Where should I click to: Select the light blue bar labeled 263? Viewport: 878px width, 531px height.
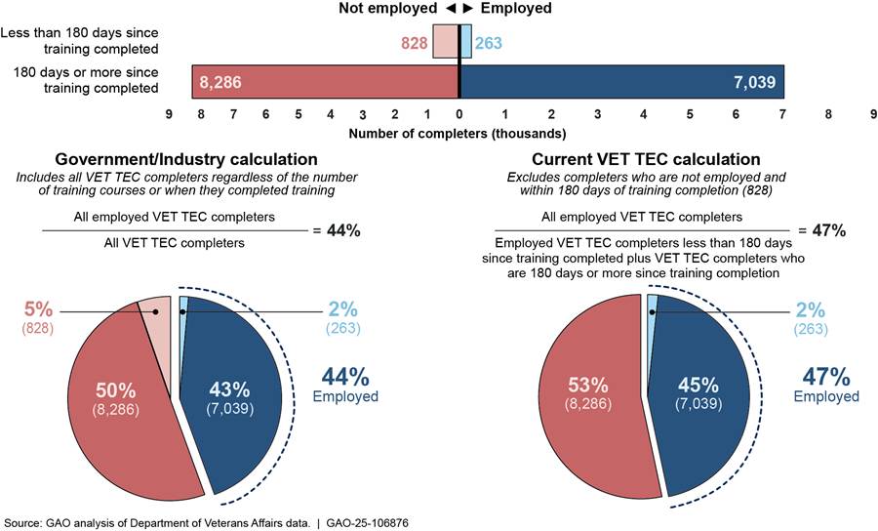tap(465, 42)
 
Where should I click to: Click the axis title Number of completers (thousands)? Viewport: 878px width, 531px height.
tap(457, 133)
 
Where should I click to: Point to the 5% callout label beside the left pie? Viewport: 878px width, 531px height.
tap(32, 314)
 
